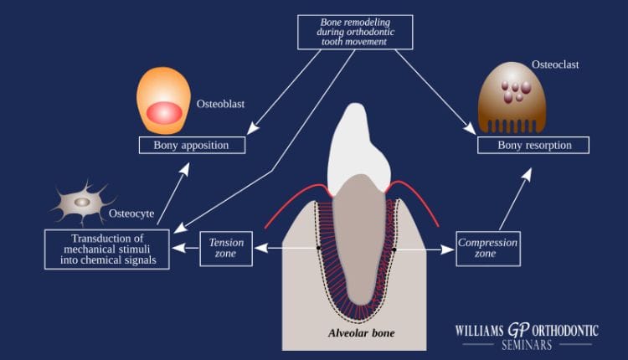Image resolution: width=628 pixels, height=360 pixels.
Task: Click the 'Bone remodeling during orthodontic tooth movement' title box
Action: [355, 32]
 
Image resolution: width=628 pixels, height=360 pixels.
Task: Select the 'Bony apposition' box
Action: [192, 145]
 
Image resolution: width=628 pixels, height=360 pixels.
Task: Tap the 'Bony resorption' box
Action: [533, 145]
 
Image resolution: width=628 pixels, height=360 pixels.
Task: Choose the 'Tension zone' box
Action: [226, 249]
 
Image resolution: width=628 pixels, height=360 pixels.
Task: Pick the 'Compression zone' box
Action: [488, 249]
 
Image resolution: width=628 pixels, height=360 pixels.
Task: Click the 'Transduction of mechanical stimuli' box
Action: [107, 249]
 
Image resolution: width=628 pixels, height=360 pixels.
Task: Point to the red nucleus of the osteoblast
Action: [164, 112]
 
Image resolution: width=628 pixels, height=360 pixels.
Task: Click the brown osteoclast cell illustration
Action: [512, 97]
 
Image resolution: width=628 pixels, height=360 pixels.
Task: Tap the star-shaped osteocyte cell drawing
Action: [83, 203]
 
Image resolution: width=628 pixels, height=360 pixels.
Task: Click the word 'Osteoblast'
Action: [220, 104]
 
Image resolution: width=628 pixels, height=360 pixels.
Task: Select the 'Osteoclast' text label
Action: [555, 64]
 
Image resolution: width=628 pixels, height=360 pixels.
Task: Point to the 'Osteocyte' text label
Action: [131, 213]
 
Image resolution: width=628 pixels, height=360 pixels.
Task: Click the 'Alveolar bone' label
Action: [361, 333]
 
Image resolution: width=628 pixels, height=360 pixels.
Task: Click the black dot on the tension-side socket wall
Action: [318, 249]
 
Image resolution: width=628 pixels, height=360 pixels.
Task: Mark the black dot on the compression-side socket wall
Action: [394, 249]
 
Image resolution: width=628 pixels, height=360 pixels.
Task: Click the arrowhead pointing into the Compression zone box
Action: [447, 249]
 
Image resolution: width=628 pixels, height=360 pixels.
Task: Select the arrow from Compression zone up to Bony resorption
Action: [516, 199]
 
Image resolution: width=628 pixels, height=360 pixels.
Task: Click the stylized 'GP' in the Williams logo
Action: [518, 330]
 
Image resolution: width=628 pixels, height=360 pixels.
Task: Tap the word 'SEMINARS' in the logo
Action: [527, 345]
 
